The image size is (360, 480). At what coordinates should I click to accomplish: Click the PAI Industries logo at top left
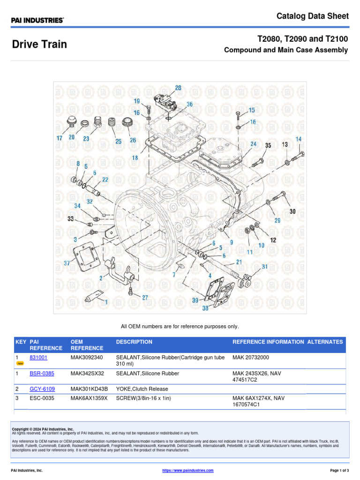click(37, 20)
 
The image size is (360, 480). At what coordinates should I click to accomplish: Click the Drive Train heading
click(39, 45)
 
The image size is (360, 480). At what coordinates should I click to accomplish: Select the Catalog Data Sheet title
click(313, 16)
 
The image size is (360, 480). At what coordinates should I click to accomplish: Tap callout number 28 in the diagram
click(178, 88)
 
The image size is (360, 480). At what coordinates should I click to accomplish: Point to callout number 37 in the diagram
click(67, 263)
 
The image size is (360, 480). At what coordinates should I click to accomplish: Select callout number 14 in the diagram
click(299, 139)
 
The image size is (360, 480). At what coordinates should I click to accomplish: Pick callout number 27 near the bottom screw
click(145, 297)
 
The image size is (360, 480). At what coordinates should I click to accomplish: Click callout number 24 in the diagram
click(253, 144)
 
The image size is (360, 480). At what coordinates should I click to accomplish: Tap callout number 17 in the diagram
click(60, 138)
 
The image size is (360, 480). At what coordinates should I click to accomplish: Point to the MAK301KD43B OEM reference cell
click(89, 389)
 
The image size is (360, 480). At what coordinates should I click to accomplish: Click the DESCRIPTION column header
click(134, 342)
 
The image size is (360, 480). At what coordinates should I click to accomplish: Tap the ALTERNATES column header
click(325, 342)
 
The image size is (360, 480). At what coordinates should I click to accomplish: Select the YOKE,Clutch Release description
click(142, 389)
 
